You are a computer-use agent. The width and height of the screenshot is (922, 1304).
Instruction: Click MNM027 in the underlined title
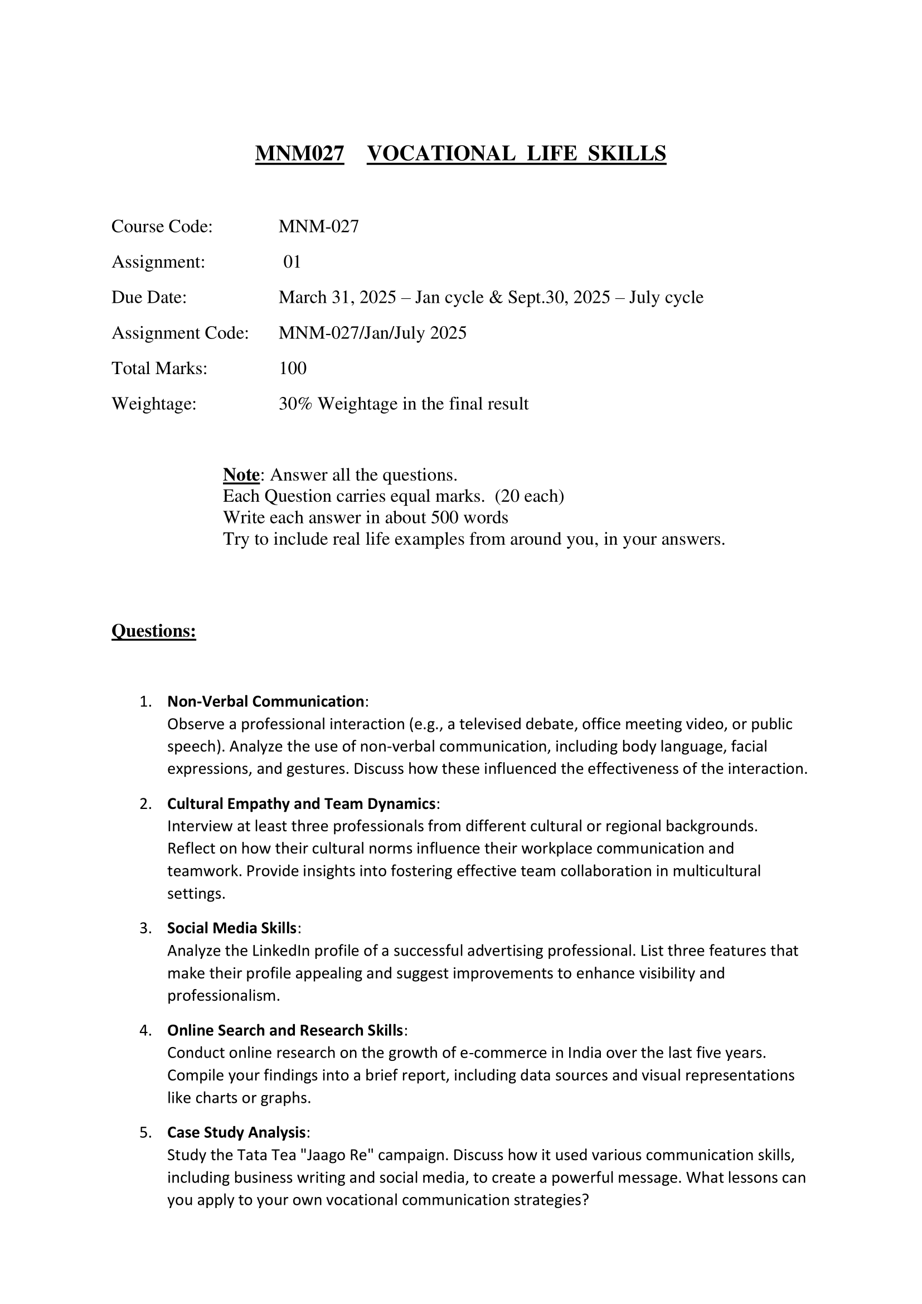tap(299, 153)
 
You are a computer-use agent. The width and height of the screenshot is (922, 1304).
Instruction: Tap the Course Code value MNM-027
tap(318, 226)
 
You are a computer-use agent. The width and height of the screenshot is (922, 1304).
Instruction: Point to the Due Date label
tap(149, 297)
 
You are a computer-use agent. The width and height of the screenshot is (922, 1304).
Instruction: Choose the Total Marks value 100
tap(293, 368)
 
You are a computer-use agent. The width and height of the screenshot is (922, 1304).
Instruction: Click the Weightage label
tap(153, 404)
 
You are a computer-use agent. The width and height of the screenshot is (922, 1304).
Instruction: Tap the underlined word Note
tap(241, 474)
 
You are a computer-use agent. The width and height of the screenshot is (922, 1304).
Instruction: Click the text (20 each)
tap(529, 496)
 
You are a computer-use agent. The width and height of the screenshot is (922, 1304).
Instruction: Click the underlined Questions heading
tap(153, 631)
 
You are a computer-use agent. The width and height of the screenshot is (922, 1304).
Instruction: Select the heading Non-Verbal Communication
tap(265, 701)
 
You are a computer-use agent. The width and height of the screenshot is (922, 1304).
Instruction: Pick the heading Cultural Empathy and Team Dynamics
tap(301, 804)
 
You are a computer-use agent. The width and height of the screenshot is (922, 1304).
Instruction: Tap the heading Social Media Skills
tap(232, 928)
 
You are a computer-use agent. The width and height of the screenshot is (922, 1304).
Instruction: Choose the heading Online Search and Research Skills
tap(285, 1030)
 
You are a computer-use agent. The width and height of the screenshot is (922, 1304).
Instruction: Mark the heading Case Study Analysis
tap(236, 1132)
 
